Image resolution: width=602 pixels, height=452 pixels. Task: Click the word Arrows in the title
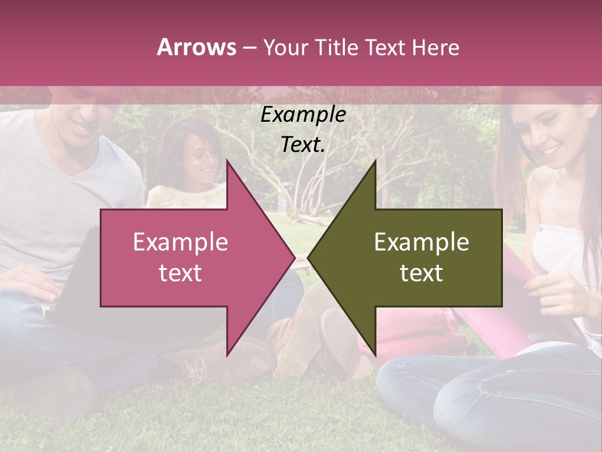pos(197,47)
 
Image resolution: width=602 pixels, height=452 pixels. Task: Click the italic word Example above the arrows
pos(303,115)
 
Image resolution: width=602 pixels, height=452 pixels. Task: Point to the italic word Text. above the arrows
pos(303,145)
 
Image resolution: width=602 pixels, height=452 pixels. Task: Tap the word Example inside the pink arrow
pos(181,242)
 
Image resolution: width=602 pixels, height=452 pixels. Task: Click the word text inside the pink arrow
pos(181,273)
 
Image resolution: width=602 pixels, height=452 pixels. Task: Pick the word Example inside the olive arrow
pos(421,242)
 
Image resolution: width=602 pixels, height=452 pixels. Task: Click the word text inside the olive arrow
pos(421,273)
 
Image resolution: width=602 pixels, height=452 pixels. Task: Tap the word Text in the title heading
pos(384,47)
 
